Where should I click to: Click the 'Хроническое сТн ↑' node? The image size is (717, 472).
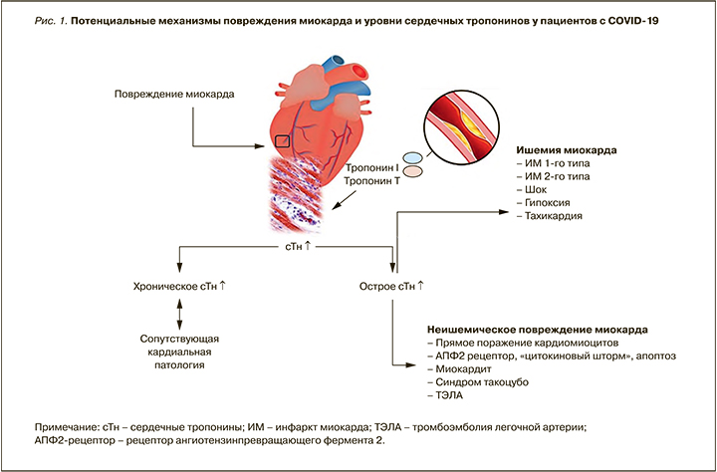[180, 287]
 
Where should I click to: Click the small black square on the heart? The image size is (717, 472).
[283, 140]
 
